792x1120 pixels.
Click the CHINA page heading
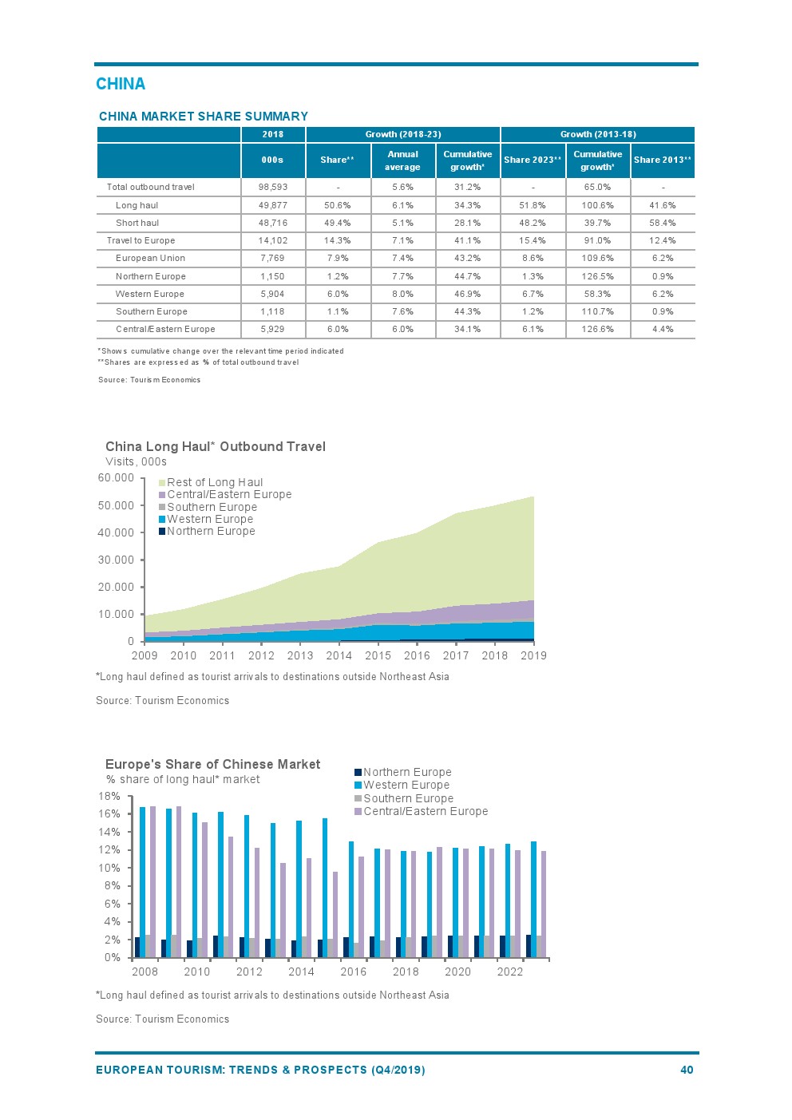click(121, 84)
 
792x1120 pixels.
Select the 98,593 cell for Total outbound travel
click(272, 187)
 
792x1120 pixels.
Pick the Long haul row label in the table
click(137, 205)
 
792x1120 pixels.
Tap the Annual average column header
click(402, 160)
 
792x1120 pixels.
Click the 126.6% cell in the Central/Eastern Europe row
click(597, 329)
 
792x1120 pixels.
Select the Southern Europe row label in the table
click(151, 311)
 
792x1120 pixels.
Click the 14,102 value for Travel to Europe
click(272, 240)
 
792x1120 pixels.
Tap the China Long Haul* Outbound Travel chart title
click(216, 446)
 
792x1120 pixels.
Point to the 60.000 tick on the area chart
click(116, 477)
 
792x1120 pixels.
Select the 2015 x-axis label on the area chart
click(378, 655)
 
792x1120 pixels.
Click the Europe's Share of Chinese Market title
click(212, 764)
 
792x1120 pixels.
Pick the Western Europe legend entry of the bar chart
click(406, 785)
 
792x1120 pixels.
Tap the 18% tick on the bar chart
click(109, 796)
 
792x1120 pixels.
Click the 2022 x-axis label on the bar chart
click(509, 972)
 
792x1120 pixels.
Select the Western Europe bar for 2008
click(143, 881)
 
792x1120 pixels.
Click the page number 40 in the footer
click(687, 1070)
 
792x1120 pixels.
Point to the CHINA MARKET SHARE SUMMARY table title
click(203, 116)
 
